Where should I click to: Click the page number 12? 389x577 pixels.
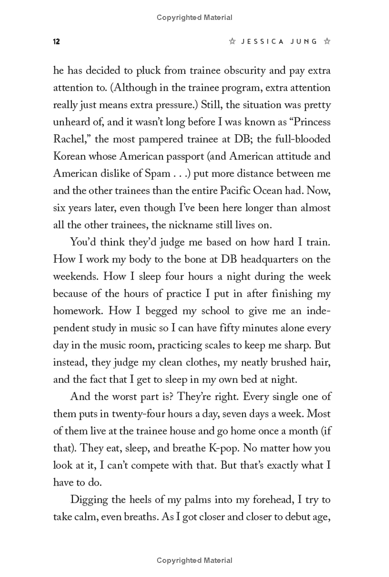tap(56, 42)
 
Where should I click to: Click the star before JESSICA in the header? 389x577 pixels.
tap(232, 42)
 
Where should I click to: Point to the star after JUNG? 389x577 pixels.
tap(327, 42)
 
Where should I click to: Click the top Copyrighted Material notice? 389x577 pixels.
tap(194, 18)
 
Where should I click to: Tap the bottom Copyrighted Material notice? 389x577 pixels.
tap(194, 560)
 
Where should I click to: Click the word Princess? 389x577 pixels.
tap(307, 122)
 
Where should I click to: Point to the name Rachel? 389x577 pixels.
tap(71, 139)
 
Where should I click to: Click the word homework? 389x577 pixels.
tap(78, 310)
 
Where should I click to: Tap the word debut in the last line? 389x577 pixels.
tap(286, 517)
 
